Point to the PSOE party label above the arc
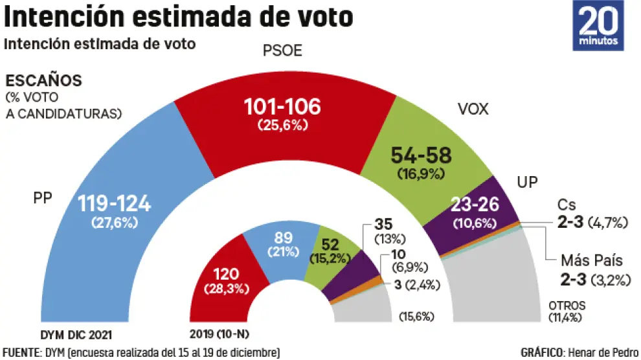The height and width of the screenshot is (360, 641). tap(282, 52)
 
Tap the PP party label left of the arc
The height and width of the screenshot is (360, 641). tap(42, 197)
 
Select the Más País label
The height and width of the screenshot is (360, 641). tap(591, 261)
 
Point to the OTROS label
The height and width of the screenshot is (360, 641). tap(567, 306)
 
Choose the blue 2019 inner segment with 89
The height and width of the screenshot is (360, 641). tap(285, 243)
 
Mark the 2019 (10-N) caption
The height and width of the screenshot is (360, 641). tap(220, 335)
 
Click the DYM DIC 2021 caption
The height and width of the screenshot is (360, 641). tap(76, 335)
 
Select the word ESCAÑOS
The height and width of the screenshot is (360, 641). tap(43, 81)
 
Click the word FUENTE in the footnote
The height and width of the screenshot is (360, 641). tap(21, 352)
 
